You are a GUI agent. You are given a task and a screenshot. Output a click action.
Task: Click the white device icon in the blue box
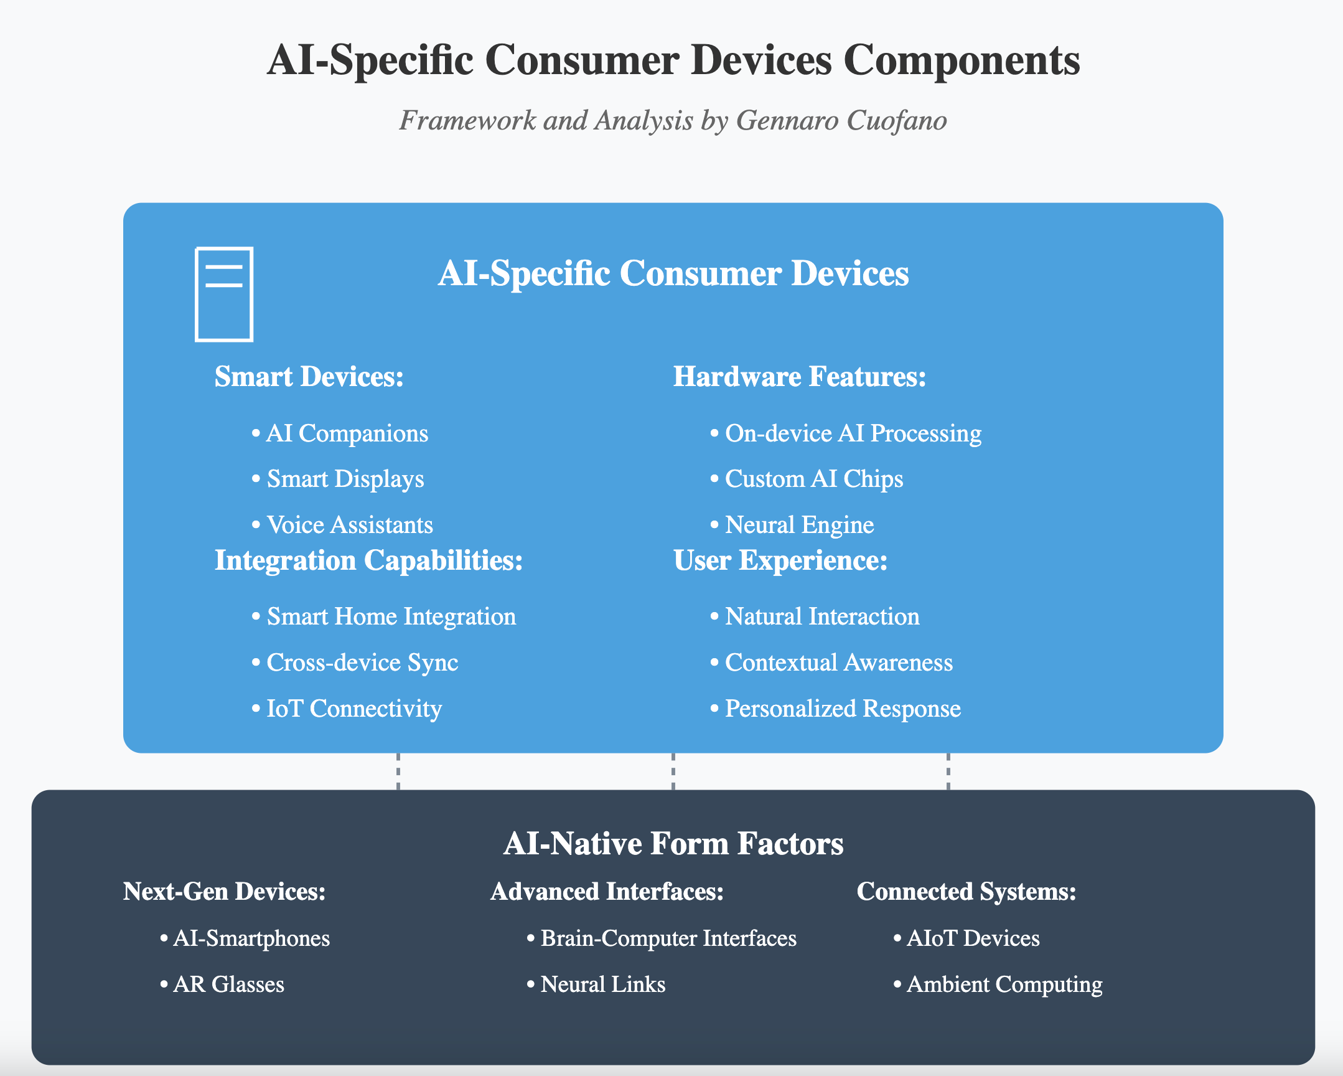coord(223,295)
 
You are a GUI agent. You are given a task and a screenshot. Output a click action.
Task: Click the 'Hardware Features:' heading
coord(800,377)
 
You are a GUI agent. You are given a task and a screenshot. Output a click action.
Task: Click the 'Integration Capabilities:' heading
coord(369,560)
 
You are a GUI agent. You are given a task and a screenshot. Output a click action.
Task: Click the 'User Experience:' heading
coord(780,560)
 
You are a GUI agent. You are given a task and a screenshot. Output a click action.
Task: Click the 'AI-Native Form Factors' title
coord(673,844)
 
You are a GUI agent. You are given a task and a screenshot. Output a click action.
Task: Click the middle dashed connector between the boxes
coord(673,772)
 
